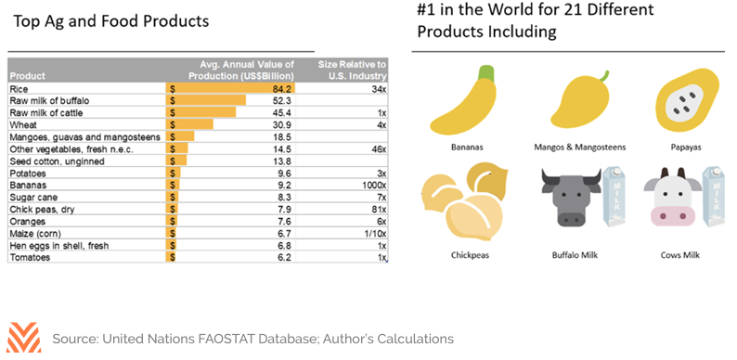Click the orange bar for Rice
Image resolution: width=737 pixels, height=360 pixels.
point(230,88)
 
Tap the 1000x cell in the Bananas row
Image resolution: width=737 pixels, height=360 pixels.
point(374,186)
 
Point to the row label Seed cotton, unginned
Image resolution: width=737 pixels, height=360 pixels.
point(58,161)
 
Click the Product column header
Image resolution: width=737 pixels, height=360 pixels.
point(27,76)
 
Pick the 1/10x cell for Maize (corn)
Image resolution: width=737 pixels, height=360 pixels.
point(375,234)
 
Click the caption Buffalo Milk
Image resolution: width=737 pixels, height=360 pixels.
point(575,255)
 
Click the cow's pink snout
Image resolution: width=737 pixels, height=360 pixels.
point(673,215)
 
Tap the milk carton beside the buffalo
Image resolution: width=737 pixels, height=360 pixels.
point(614,198)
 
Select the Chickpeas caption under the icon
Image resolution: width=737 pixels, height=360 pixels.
point(470,256)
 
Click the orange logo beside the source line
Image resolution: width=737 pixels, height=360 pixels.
point(24,337)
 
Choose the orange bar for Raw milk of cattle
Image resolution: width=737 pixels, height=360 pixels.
point(200,113)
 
